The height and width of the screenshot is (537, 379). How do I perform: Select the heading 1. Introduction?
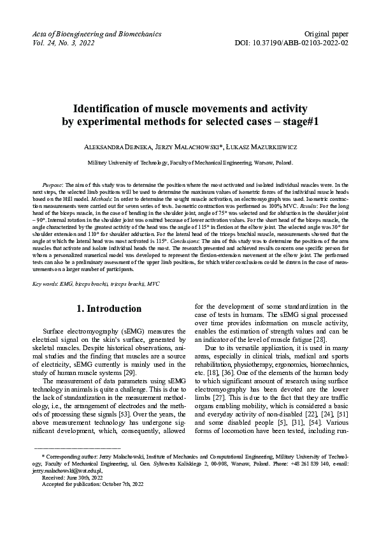tap(109, 309)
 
